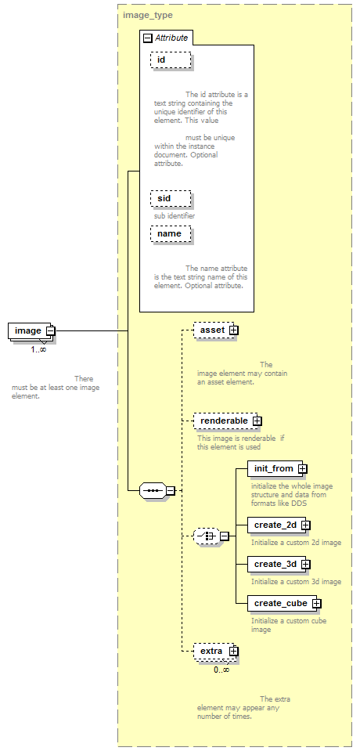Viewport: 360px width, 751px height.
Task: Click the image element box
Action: tap(29, 331)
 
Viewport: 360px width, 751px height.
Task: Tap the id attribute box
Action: tap(171, 60)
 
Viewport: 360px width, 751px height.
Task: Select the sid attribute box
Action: tap(171, 198)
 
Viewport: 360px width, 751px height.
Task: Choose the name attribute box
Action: tap(171, 233)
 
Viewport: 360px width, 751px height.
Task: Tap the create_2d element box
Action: tap(277, 525)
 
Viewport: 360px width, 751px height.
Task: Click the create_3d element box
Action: tap(277, 564)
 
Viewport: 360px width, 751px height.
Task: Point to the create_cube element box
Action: tap(283, 604)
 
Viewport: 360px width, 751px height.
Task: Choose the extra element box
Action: tap(214, 652)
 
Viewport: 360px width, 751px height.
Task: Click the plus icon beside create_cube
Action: tap(316, 604)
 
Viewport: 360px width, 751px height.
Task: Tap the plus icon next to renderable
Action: tap(257, 421)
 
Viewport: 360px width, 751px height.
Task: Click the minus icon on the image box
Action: tap(50, 331)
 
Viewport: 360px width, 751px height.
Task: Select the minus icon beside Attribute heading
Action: tap(148, 38)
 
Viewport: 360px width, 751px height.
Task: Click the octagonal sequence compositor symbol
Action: tap(153, 491)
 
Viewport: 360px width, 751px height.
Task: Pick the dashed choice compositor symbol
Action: tap(207, 536)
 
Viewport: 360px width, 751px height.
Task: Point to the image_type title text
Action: tap(148, 15)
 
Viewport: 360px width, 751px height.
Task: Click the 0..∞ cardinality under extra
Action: tap(221, 670)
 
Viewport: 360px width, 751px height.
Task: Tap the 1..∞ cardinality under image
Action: tap(39, 349)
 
